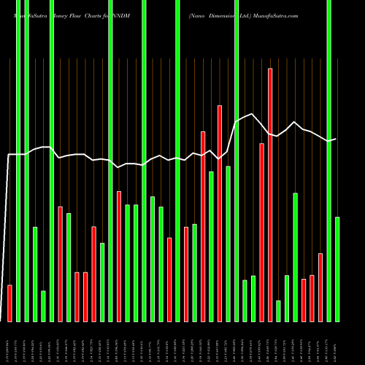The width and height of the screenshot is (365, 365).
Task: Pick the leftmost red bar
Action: click(x=9, y=303)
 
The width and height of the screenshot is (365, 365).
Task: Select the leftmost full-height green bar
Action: click(x=18, y=161)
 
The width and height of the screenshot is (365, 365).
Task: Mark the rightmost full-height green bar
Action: click(x=328, y=161)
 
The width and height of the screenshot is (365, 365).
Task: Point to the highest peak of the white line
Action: click(x=253, y=114)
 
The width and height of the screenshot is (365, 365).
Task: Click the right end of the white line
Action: click(x=336, y=139)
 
